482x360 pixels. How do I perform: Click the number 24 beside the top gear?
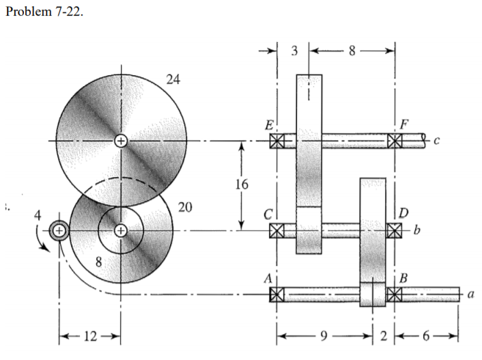pyautogui.click(x=173, y=79)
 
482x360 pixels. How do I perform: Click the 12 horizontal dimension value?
pyautogui.click(x=91, y=337)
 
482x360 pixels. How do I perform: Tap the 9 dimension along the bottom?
pyautogui.click(x=325, y=335)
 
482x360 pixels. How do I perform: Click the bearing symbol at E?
pyautogui.click(x=277, y=141)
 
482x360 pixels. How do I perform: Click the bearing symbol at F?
pyautogui.click(x=395, y=141)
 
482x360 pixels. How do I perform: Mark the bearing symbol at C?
pyautogui.click(x=277, y=230)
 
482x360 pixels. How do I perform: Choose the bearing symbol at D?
pyautogui.click(x=395, y=230)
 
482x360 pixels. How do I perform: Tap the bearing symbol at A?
pyautogui.click(x=277, y=294)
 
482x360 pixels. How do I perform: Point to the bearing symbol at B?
pyautogui.click(x=395, y=294)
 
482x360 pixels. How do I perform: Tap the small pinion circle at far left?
pyautogui.click(x=59, y=231)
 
